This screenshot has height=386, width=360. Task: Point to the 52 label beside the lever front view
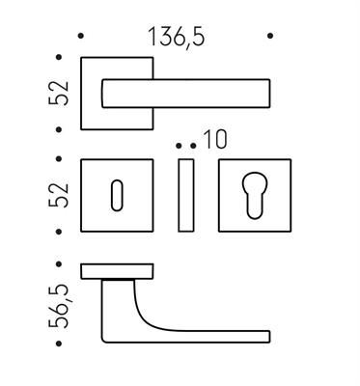click(61, 93)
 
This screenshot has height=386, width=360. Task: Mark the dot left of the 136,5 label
click(81, 38)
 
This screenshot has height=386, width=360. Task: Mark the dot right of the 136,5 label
click(270, 38)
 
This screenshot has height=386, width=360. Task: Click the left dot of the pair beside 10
click(180, 146)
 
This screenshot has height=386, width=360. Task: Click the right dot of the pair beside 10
click(194, 146)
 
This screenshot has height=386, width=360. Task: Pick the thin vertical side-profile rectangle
click(188, 195)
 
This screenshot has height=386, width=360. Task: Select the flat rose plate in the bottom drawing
click(117, 270)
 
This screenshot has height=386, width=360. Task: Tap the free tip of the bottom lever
click(263, 336)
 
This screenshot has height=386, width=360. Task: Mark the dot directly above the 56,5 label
click(61, 262)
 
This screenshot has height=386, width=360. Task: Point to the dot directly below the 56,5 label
click(61, 344)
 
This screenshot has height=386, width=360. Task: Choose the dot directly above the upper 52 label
click(61, 56)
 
